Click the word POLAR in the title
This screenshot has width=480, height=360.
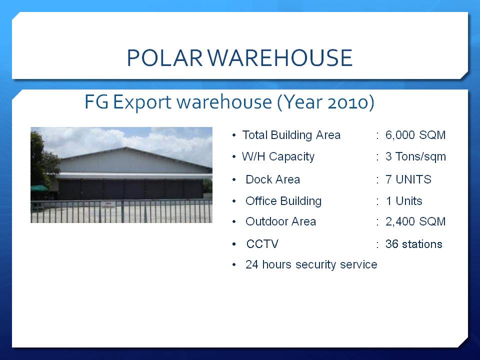pyautogui.click(x=165, y=57)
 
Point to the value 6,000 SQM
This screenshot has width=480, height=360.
pyautogui.click(x=415, y=135)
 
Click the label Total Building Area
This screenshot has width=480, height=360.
pyautogui.click(x=291, y=135)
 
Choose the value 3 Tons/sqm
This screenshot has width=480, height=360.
pyautogui.click(x=415, y=156)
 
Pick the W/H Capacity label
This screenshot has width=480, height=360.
pyautogui.click(x=278, y=156)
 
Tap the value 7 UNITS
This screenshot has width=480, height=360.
pyautogui.click(x=408, y=179)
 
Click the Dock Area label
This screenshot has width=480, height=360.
pyautogui.click(x=273, y=179)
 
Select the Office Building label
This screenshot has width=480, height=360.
pyautogui.click(x=283, y=201)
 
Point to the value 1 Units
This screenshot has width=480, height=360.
pyautogui.click(x=404, y=201)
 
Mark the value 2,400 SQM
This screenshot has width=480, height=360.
pyautogui.click(x=415, y=221)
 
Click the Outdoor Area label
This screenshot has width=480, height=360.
pyautogui.click(x=280, y=221)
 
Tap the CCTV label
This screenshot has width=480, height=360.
pyautogui.click(x=262, y=244)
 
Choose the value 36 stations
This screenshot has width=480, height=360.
pyautogui.click(x=414, y=244)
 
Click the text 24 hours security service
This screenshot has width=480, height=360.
pyautogui.click(x=311, y=264)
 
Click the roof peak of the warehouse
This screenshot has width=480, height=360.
pyautogui.click(x=125, y=148)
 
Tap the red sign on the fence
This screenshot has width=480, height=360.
pyautogui.click(x=108, y=205)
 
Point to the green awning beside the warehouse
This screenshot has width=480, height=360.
pyautogui.click(x=39, y=188)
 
